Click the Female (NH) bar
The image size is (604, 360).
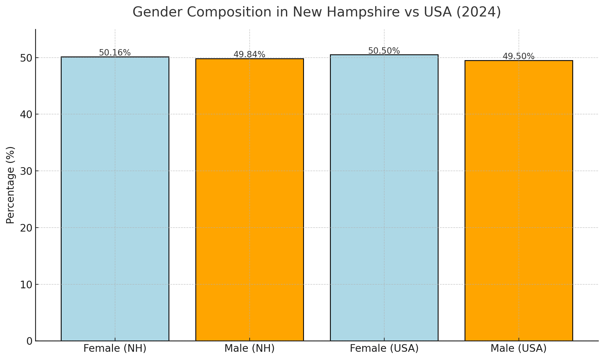(x=115, y=198)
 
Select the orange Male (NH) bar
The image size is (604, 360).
(x=249, y=200)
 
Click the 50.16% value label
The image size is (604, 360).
(x=115, y=53)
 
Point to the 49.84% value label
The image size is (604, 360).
(x=249, y=55)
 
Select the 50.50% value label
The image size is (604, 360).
(x=384, y=51)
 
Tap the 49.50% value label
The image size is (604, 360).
(x=519, y=56)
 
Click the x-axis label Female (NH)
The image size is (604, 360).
(x=115, y=348)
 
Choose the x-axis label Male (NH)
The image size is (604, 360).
(x=249, y=348)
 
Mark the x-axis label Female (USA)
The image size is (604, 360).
(x=384, y=348)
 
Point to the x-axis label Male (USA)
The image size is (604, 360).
(x=519, y=348)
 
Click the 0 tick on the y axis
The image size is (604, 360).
(x=29, y=341)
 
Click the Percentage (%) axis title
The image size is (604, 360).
(x=10, y=185)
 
